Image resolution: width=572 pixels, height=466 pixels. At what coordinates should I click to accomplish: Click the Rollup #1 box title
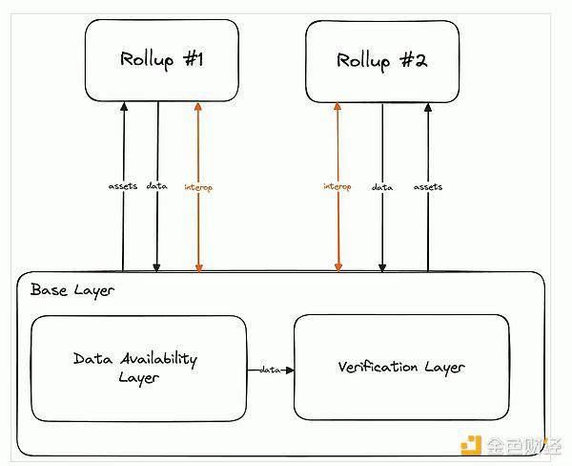162,60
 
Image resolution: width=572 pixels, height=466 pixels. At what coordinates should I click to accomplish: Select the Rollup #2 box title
381,61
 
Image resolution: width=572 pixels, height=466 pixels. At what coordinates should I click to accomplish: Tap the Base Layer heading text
72,290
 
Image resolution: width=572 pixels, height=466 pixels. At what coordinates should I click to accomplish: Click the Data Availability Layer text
135,368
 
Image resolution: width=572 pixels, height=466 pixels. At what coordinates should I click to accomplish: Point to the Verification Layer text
401,368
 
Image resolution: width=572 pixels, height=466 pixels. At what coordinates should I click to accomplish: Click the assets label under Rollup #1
123,186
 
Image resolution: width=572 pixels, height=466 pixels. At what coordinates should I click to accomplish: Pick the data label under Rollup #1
157,186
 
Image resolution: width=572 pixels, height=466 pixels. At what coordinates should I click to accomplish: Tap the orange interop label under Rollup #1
198,188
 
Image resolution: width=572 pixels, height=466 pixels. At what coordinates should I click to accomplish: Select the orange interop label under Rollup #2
337,187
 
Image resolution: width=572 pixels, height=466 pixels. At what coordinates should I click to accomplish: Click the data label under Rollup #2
382,187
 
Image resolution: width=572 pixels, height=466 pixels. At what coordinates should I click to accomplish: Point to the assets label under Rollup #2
428,187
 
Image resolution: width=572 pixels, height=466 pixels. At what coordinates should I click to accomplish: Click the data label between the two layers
270,370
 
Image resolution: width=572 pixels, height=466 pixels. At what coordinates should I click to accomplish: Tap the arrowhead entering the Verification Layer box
290,371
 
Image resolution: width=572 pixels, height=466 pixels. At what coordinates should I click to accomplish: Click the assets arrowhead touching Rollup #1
124,106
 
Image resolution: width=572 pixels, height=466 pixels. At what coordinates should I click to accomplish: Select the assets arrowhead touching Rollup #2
428,107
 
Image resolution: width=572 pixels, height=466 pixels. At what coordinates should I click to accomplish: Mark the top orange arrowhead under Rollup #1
198,106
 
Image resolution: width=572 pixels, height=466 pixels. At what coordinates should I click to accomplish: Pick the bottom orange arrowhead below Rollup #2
338,268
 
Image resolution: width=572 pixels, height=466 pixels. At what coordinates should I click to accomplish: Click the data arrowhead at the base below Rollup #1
156,268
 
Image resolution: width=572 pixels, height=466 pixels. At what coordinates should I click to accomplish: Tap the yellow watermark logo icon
471,445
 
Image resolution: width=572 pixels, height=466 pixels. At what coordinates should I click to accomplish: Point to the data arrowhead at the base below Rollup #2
382,268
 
